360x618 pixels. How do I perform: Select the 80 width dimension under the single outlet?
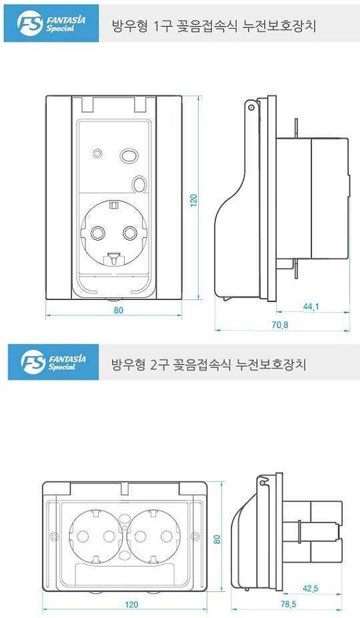coord(118,311)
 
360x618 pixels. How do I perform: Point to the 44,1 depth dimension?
coord(311,307)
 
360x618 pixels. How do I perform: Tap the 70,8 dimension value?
coord(279,325)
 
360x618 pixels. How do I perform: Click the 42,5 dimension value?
coord(311,588)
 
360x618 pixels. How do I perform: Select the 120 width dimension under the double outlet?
coord(131,605)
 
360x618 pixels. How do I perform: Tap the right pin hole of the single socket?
coord(130,233)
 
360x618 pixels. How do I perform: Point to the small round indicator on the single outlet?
coord(97,155)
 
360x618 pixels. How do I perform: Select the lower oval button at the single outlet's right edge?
coord(140,184)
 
